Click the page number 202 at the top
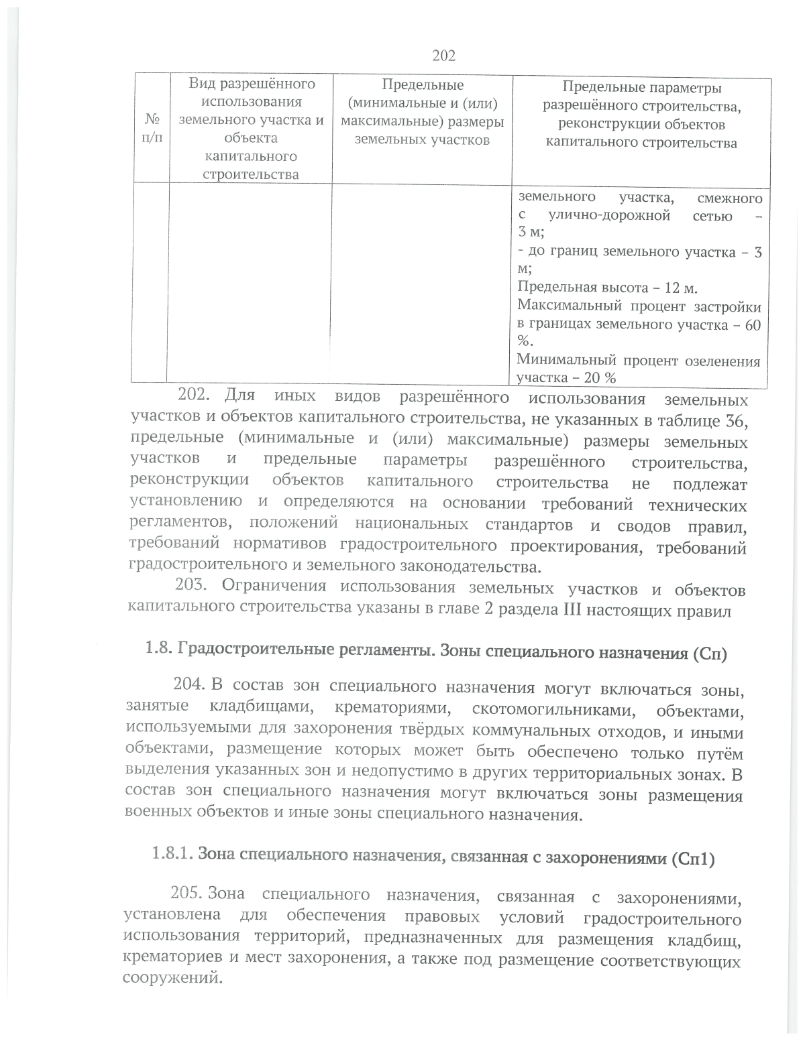pyautogui.click(x=443, y=56)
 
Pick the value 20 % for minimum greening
pyautogui.click(x=600, y=378)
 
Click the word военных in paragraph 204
pyautogui.click(x=154, y=813)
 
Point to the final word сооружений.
pyautogui.click(x=172, y=978)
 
